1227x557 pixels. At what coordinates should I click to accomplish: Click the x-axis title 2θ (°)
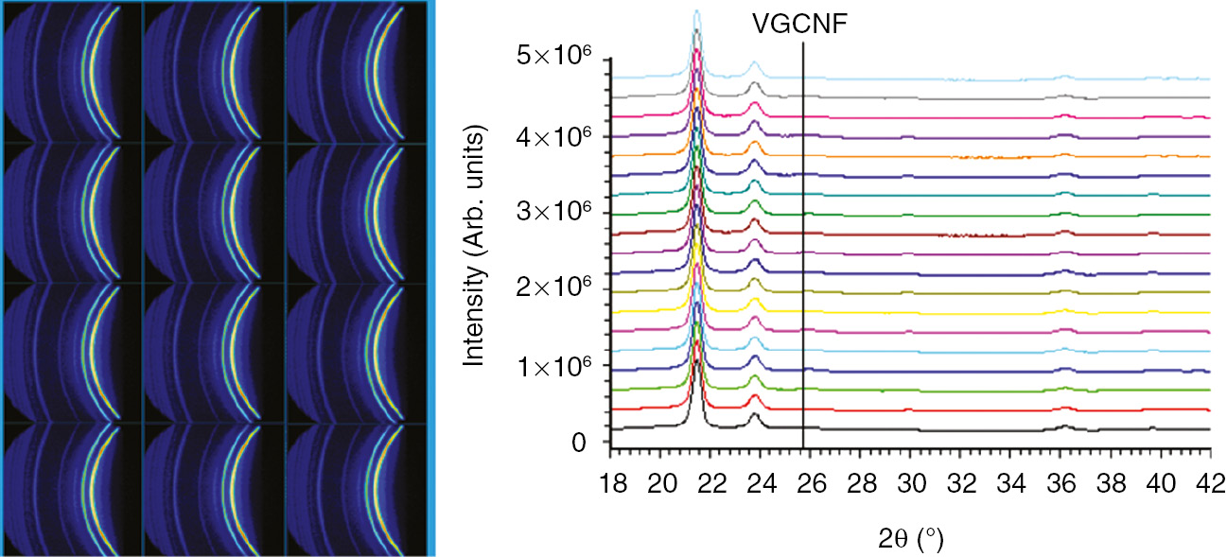(x=910, y=540)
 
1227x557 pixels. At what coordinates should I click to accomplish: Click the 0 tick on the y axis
(x=589, y=444)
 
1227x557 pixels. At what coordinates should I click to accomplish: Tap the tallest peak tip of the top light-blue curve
(x=697, y=11)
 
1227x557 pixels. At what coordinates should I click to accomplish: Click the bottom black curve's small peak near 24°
(x=755, y=414)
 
